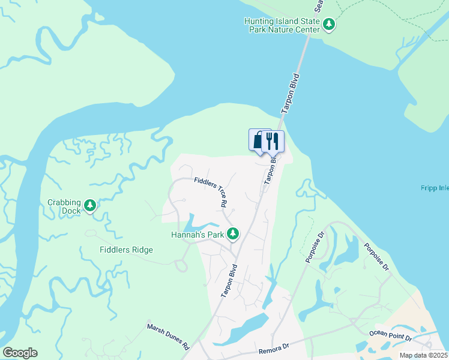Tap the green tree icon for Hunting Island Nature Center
pyautogui.click(x=328, y=25)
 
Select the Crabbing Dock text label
pyautogui.click(x=64, y=207)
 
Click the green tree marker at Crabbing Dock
pyautogui.click(x=90, y=206)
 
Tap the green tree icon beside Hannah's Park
pyautogui.click(x=233, y=233)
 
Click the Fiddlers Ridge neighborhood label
pyautogui.click(x=127, y=250)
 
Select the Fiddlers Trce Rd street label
pyautogui.click(x=210, y=192)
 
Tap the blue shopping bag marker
pyautogui.click(x=258, y=140)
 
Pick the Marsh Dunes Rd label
pyautogui.click(x=169, y=337)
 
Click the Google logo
pyautogui.click(x=20, y=353)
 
